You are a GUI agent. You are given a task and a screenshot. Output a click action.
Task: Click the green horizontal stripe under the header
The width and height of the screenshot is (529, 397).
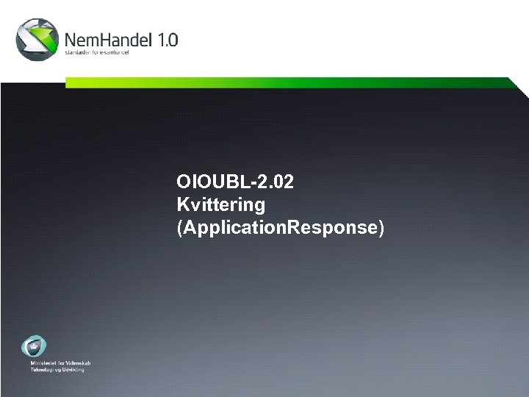pyautogui.click(x=294, y=83)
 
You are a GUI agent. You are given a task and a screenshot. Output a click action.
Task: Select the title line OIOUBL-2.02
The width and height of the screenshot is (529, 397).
pyautogui.click(x=235, y=182)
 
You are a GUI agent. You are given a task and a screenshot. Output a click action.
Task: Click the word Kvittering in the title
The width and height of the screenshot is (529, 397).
pyautogui.click(x=220, y=204)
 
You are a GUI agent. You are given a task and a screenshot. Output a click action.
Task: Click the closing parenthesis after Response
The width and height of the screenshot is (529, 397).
pyautogui.click(x=381, y=228)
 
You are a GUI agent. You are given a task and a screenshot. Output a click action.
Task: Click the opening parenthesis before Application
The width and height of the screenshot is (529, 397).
pyautogui.click(x=180, y=228)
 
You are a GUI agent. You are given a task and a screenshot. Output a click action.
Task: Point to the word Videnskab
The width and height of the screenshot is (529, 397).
pyautogui.click(x=78, y=363)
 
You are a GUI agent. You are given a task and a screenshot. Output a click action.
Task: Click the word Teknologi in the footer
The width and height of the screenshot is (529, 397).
pyautogui.click(x=44, y=369)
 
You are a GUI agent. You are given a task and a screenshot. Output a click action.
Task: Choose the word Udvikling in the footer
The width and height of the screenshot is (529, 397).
pyautogui.click(x=74, y=369)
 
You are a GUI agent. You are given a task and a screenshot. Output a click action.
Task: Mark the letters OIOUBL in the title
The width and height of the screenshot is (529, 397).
pyautogui.click(x=206, y=182)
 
